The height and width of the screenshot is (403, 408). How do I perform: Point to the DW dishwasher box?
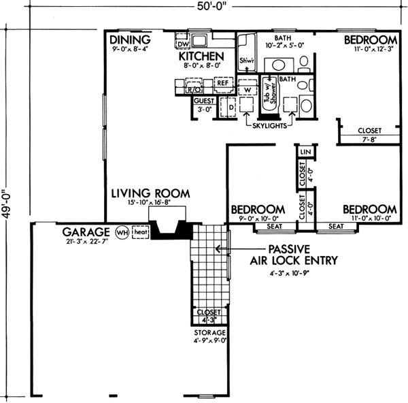pyautogui.click(x=182, y=44)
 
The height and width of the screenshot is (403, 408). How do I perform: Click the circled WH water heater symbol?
pyautogui.click(x=122, y=232)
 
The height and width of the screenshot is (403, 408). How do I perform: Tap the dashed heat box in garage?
pyautogui.click(x=140, y=232)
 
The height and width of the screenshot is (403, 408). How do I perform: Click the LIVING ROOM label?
pyautogui.click(x=150, y=194)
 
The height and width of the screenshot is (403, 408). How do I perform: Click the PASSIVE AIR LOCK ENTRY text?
pyautogui.click(x=302, y=254)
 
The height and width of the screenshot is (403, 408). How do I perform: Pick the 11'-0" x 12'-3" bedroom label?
pyautogui.click(x=370, y=40)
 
